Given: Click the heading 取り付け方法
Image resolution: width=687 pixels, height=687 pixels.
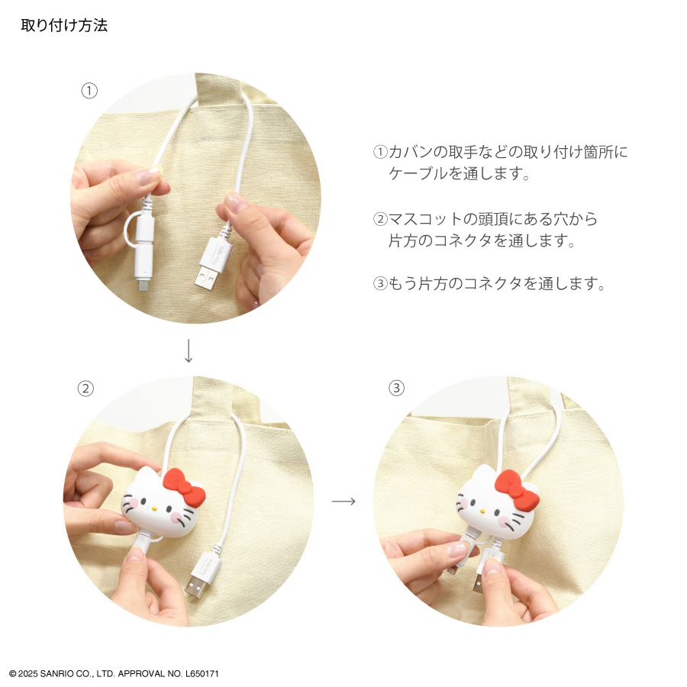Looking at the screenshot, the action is [x=64, y=25].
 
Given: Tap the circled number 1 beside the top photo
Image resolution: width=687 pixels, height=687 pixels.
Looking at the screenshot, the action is [x=89, y=91].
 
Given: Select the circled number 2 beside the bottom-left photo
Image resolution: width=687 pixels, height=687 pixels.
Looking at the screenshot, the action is [x=85, y=389].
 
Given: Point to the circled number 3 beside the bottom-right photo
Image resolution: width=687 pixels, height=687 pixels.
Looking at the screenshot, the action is [x=396, y=388].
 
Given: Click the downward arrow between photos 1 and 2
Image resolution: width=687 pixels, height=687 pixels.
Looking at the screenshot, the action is [x=189, y=350].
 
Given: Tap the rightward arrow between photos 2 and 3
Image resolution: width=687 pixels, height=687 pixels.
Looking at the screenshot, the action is [x=343, y=501].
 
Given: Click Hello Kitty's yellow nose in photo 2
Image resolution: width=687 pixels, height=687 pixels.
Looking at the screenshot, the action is [x=154, y=510].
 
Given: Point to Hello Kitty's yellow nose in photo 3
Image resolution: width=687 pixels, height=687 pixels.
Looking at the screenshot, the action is [x=483, y=511].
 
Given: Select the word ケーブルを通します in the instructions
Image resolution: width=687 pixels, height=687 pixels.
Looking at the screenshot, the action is [x=460, y=173].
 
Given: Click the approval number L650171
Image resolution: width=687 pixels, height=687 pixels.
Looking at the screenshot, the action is [x=202, y=673].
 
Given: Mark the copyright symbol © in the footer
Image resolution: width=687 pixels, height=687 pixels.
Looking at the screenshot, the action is [x=13, y=673].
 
